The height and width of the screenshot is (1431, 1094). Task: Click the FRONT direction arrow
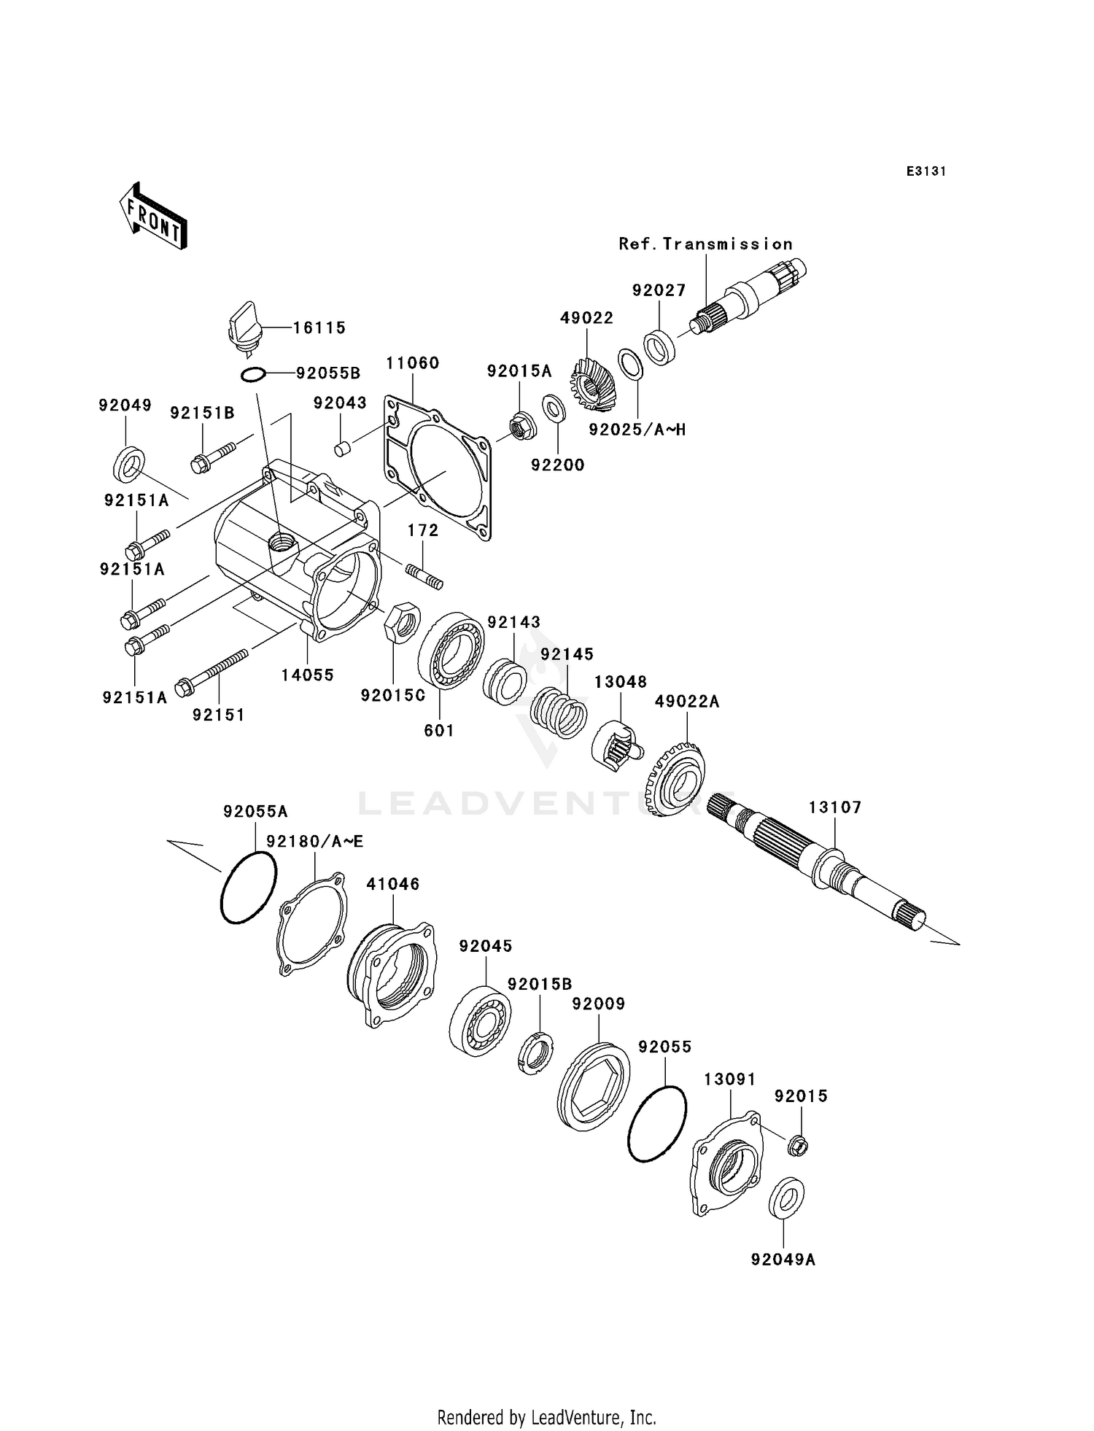pyautogui.click(x=152, y=217)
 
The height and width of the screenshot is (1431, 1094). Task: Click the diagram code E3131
pyautogui.click(x=926, y=171)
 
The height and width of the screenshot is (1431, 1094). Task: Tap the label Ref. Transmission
pyautogui.click(x=705, y=244)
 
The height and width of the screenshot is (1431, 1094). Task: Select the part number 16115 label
pyautogui.click(x=319, y=328)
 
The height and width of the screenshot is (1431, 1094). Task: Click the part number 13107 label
pyautogui.click(x=835, y=807)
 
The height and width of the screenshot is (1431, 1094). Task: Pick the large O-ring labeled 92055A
pyautogui.click(x=249, y=888)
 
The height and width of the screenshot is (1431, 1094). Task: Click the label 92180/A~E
pyautogui.click(x=314, y=842)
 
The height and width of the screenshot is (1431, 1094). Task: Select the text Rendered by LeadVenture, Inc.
pyautogui.click(x=546, y=1417)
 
